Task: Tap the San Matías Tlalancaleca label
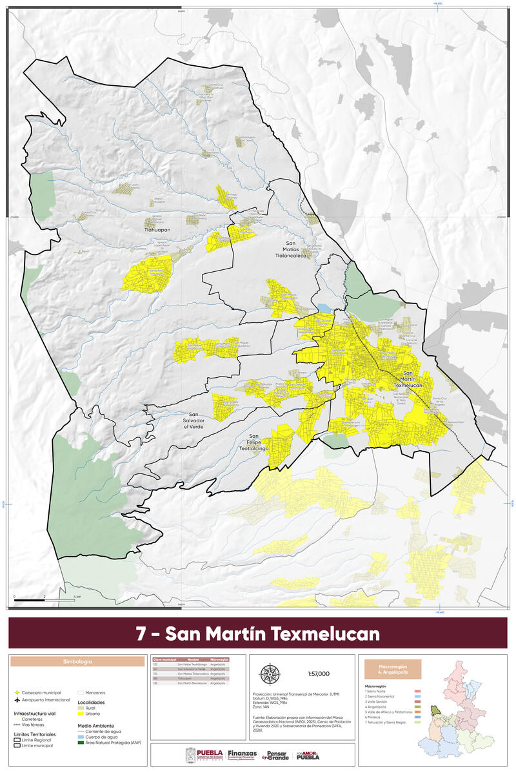pos(299,249)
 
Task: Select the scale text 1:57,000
pos(319,674)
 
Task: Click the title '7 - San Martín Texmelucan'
pos(258,633)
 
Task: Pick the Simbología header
pos(77,662)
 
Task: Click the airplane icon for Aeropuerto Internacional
pos(17,701)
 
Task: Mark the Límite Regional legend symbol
pos(17,740)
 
